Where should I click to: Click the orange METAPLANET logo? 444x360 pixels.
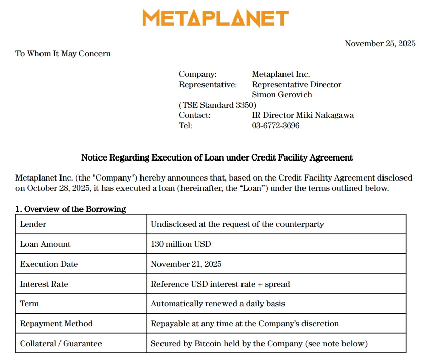pyautogui.click(x=215, y=18)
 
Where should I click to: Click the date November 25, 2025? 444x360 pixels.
pyautogui.click(x=380, y=44)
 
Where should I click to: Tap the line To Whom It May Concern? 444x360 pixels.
pyautogui.click(x=63, y=54)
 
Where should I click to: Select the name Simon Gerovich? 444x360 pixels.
pyautogui.click(x=282, y=95)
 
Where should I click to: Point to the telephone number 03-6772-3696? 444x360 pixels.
pyautogui.click(x=276, y=126)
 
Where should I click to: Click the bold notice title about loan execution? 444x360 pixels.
pyautogui.click(x=217, y=157)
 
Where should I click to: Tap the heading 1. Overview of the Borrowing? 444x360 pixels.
pyautogui.click(x=71, y=209)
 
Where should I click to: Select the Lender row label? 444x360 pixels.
pyautogui.click(x=33, y=224)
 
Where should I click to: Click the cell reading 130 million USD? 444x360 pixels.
pyautogui.click(x=180, y=244)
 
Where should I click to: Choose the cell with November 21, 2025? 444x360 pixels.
pyautogui.click(x=186, y=264)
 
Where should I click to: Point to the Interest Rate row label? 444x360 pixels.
pyautogui.click(x=44, y=284)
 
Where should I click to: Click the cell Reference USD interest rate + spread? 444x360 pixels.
pyautogui.click(x=220, y=284)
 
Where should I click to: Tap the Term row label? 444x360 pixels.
pyautogui.click(x=29, y=304)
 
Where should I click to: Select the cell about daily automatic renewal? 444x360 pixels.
pyautogui.click(x=217, y=304)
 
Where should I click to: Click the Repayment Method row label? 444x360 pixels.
pyautogui.click(x=56, y=324)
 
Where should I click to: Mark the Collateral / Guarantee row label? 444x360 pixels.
pyautogui.click(x=60, y=344)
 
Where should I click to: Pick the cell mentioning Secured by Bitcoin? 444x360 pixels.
pyautogui.click(x=259, y=344)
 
